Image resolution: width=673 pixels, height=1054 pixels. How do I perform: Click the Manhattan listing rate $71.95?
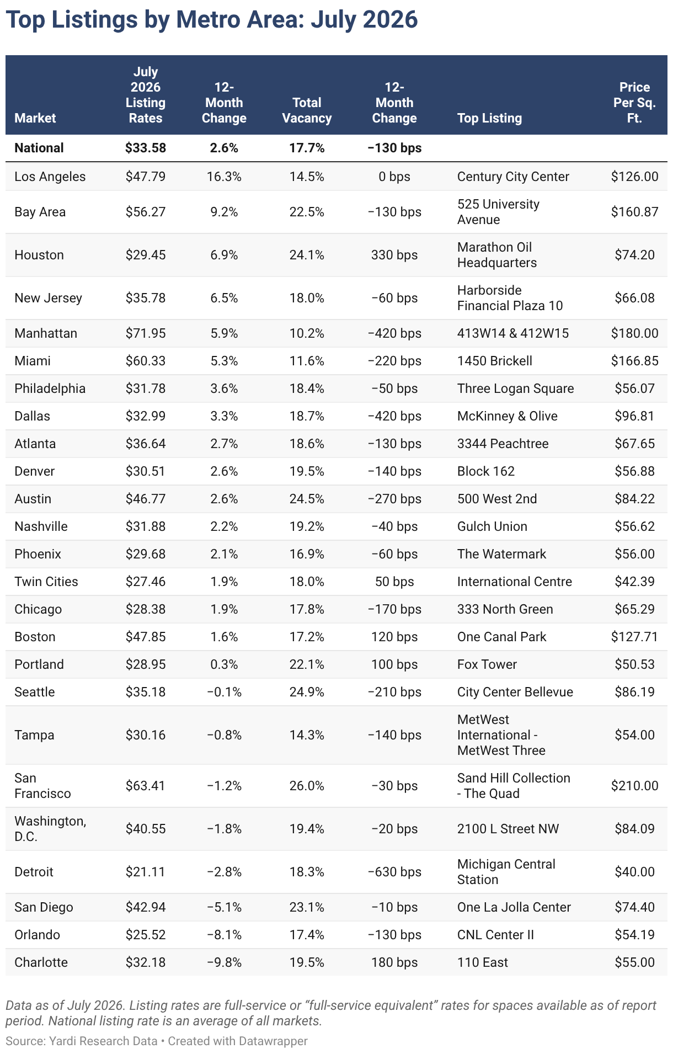[x=145, y=333]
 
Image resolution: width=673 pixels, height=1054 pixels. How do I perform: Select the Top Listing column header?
[x=489, y=118]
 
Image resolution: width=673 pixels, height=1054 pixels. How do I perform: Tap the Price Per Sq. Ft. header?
[x=634, y=103]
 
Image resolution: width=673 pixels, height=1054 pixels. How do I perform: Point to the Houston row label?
[x=39, y=255]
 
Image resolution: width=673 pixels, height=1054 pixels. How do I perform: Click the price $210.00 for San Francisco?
[x=634, y=786]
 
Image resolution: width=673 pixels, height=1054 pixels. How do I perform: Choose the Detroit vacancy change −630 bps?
[x=394, y=872]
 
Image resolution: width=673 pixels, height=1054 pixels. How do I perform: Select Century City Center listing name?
[x=513, y=177]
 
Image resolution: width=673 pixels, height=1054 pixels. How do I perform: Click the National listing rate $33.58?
[x=145, y=148]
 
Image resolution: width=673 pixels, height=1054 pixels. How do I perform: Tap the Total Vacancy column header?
[x=307, y=110]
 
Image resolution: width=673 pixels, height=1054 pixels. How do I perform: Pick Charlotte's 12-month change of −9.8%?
[x=224, y=962]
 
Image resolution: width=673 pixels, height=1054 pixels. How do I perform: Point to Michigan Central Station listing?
[x=506, y=872]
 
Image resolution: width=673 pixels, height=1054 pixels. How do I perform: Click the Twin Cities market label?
[x=46, y=582]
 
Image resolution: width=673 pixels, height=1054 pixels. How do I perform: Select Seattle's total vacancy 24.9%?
[x=307, y=692]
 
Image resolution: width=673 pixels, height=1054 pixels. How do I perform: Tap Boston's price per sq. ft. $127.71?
[x=634, y=637]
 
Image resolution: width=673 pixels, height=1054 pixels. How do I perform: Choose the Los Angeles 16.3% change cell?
[x=224, y=177]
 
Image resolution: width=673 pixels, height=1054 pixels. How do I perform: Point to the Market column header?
[x=35, y=118]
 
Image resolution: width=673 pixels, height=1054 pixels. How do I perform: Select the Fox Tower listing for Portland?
[x=487, y=664]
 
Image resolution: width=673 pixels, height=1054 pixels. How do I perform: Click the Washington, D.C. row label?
[x=50, y=829]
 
